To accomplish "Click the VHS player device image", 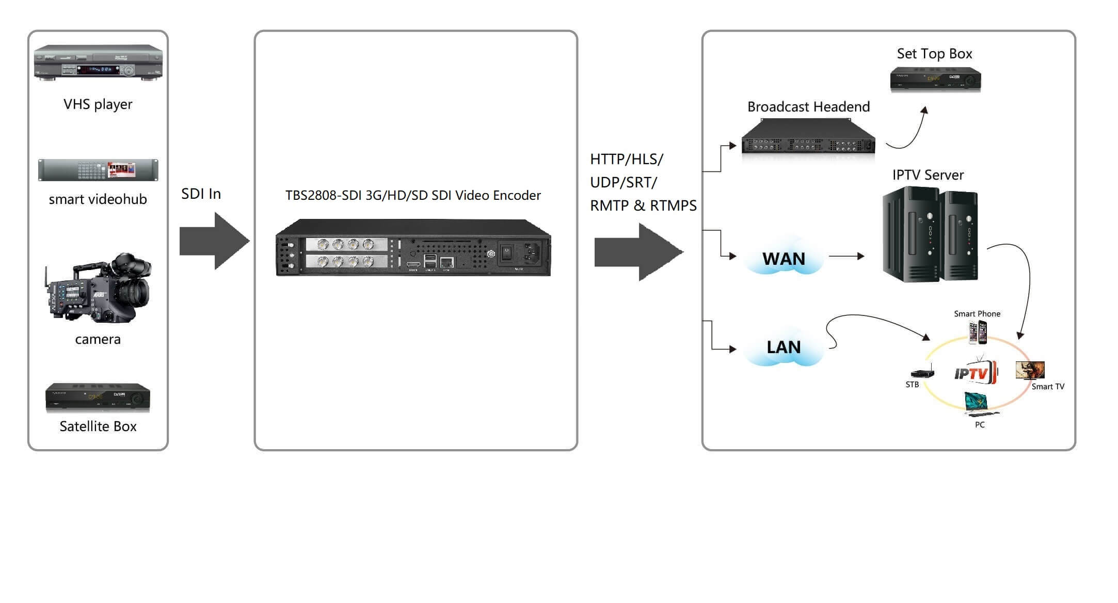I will point(98,62).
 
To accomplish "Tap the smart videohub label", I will point(98,199).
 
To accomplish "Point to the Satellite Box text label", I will point(98,426).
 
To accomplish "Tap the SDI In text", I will point(201,194).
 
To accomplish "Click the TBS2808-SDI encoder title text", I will point(413,195).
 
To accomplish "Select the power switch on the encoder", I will point(506,252).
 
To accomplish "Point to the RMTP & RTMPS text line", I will point(643,205).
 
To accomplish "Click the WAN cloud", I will point(783,258).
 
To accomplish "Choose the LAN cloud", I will point(783,347).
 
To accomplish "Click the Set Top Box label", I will point(934,54).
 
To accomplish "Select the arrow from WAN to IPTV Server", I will point(847,256).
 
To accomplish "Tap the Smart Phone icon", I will point(978,332).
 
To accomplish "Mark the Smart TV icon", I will point(1030,370).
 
